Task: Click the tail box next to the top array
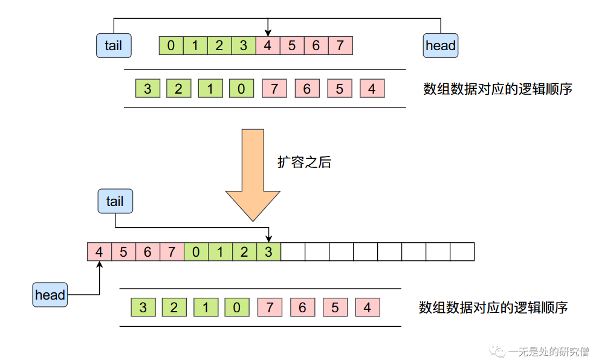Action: (114, 46)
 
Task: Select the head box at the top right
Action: (440, 46)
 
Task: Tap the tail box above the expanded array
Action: (115, 201)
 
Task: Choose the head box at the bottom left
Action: (50, 295)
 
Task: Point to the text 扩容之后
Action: (304, 162)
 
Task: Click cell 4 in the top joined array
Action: (268, 46)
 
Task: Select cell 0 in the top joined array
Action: (171, 46)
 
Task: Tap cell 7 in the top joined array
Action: (340, 46)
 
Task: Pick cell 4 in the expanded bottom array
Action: (99, 252)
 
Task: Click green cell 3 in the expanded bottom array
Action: (268, 252)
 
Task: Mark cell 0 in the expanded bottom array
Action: (196, 252)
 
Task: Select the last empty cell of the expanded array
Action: (462, 252)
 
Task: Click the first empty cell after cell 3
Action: (293, 252)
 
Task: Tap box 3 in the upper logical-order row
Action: (147, 89)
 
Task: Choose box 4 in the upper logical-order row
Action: (372, 89)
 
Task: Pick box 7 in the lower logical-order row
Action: (270, 307)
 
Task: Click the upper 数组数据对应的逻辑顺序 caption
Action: (497, 89)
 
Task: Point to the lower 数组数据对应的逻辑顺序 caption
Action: (493, 307)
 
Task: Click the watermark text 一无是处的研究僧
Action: (548, 351)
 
